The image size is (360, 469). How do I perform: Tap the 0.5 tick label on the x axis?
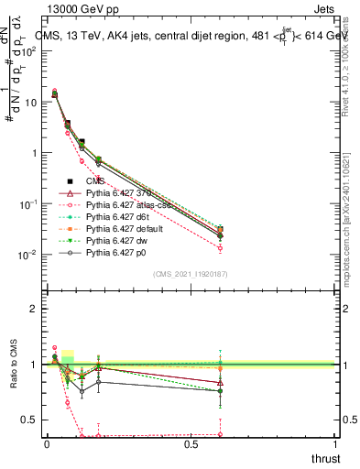click(x=191, y=443)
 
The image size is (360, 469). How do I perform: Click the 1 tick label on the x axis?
click(x=334, y=443)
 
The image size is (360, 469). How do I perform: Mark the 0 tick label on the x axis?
click(x=47, y=443)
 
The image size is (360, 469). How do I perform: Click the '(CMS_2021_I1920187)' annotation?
click(x=190, y=274)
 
